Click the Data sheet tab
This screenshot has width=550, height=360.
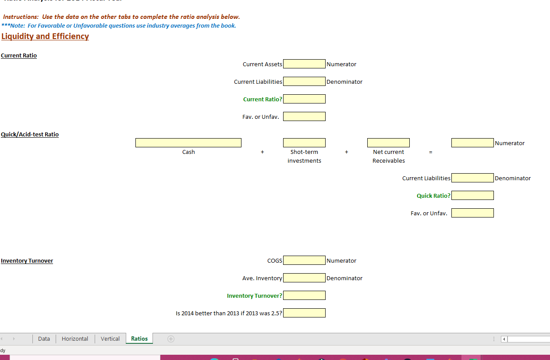pos(44,339)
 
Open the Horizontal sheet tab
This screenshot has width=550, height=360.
pos(75,339)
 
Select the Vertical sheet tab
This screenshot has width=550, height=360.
pos(110,339)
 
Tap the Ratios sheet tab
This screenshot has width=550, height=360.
pos(139,339)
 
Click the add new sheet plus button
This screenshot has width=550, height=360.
pos(171,339)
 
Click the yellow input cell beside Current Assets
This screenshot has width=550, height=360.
pos(304,64)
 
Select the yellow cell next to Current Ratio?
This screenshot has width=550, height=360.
pos(304,99)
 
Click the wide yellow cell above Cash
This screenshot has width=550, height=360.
pos(188,143)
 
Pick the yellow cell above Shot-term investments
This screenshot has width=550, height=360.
pos(304,143)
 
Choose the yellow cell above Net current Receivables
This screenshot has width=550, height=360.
pos(388,143)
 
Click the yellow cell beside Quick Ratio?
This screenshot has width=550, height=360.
pos(472,196)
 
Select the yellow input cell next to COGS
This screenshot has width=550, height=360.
pos(304,260)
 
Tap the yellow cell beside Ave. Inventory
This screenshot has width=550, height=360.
pos(304,278)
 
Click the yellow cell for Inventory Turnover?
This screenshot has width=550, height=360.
pos(304,296)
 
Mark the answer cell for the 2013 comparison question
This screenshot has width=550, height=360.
pos(304,313)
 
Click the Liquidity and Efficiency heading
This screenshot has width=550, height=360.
pos(45,36)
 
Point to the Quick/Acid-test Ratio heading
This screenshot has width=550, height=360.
pos(30,134)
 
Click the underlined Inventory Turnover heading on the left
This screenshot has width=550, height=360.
pos(27,260)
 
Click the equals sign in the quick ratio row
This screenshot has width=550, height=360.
pos(430,152)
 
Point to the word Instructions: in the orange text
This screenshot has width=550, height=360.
pos(21,17)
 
